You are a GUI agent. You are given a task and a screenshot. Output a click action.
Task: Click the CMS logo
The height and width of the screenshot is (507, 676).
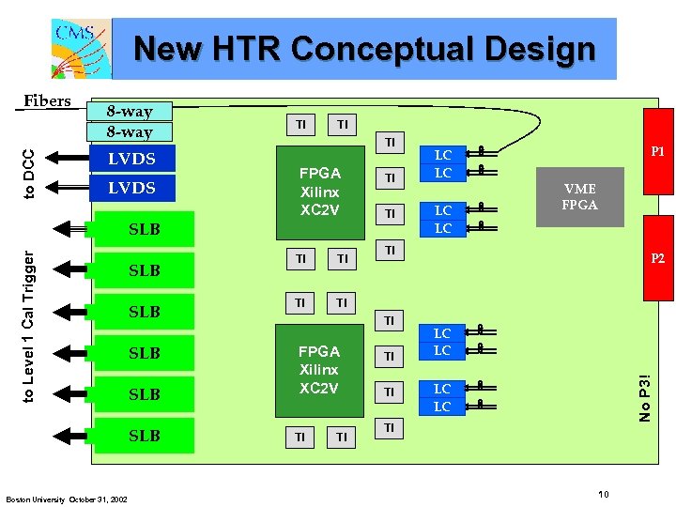point(81,48)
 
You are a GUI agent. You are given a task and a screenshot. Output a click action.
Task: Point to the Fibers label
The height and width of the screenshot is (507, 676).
point(46,101)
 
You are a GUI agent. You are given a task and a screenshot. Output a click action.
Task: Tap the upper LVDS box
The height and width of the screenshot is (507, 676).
point(132,160)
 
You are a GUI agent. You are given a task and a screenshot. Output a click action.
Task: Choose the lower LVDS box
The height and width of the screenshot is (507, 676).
point(132,189)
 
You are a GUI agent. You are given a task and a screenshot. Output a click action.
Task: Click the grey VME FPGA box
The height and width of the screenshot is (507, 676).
point(579,198)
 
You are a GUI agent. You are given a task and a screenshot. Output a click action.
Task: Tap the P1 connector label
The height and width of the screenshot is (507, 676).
point(657,152)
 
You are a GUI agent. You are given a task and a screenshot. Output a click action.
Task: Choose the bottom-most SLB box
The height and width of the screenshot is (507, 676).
point(145,436)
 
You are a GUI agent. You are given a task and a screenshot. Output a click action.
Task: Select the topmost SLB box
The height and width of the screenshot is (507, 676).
point(145,229)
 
